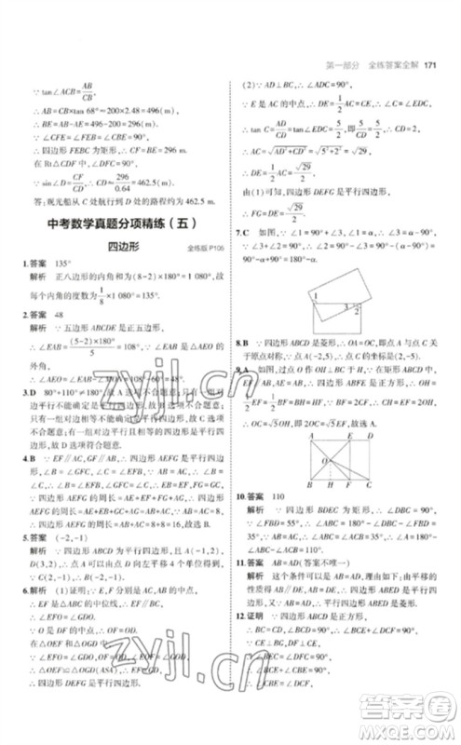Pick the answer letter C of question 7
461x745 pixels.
[x=248, y=230]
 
